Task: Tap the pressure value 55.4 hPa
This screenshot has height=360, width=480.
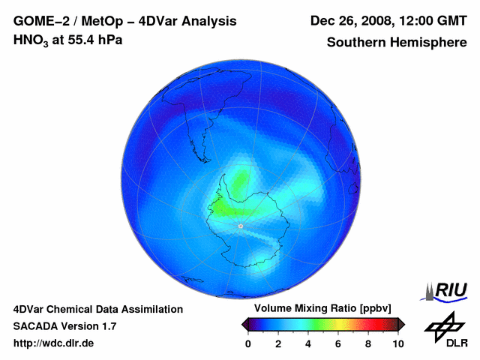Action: [96, 40]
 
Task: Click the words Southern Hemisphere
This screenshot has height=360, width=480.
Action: [397, 42]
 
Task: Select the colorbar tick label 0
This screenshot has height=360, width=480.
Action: [248, 343]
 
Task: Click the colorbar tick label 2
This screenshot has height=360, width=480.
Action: [278, 343]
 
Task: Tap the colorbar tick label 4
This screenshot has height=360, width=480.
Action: [308, 343]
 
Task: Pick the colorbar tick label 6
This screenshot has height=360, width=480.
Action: [338, 343]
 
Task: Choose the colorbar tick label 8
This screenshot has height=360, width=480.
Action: [368, 343]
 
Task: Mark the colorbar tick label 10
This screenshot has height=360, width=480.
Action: [398, 343]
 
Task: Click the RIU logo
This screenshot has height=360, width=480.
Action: [445, 291]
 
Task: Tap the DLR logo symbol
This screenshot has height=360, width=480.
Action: [443, 324]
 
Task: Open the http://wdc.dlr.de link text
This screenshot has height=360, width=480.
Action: [54, 343]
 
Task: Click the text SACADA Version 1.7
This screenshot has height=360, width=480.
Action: [64, 326]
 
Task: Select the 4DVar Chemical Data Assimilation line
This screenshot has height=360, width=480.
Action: [97, 309]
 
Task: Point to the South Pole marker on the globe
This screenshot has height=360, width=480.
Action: [240, 226]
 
